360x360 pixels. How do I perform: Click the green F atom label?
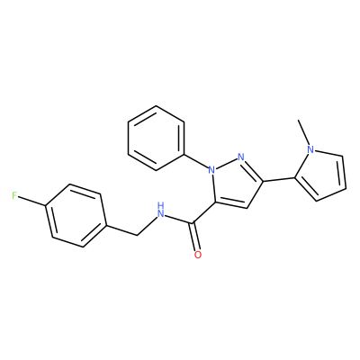pyautogui.click(x=14, y=196)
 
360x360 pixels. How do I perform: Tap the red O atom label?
pyautogui.click(x=198, y=255)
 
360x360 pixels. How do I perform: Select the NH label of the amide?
pyautogui.click(x=161, y=210)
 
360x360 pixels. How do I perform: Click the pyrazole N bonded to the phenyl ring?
pyautogui.click(x=211, y=170)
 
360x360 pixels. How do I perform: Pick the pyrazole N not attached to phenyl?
pyautogui.click(x=241, y=157)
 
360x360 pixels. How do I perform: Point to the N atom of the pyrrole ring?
pyautogui.click(x=310, y=149)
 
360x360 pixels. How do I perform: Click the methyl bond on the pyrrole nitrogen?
pyautogui.click(x=303, y=132)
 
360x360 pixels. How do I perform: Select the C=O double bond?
pyautogui.click(x=196, y=236)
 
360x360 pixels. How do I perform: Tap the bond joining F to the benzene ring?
pyautogui.click(x=32, y=201)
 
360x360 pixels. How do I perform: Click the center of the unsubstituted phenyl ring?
pyautogui.click(x=156, y=138)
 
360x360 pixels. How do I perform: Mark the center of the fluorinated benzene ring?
pyautogui.click(x=76, y=215)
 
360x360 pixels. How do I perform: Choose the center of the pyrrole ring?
pyautogui.click(x=322, y=175)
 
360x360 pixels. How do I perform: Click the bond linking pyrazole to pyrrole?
pyautogui.click(x=279, y=179)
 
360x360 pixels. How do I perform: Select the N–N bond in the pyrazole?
pyautogui.click(x=227, y=163)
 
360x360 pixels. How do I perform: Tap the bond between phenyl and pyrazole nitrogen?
pyautogui.click(x=196, y=162)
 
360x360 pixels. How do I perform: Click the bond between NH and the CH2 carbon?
pyautogui.click(x=147, y=226)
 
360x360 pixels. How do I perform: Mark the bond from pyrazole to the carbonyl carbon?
pyautogui.click(x=204, y=212)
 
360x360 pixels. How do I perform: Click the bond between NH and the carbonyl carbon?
pyautogui.click(x=180, y=219)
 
